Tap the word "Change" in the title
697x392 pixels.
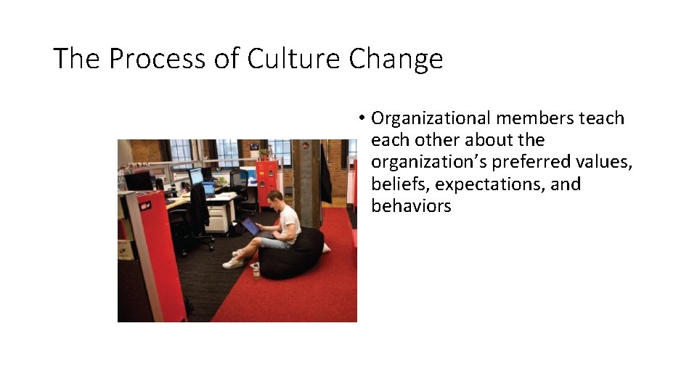(x=396, y=58)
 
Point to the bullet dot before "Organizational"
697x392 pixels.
(x=360, y=118)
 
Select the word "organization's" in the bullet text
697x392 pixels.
(x=430, y=162)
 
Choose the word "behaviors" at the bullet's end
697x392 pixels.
(x=411, y=206)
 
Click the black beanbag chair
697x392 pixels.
(x=293, y=254)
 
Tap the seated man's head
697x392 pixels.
(x=274, y=198)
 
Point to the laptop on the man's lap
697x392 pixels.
(x=251, y=226)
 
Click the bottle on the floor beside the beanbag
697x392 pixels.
(x=256, y=271)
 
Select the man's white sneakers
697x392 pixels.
(x=233, y=261)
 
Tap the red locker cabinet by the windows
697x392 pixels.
(x=266, y=181)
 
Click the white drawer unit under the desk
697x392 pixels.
(x=218, y=217)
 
